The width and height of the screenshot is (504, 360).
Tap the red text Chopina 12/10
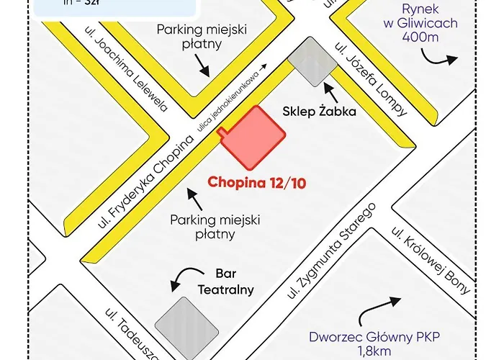(x=257, y=182)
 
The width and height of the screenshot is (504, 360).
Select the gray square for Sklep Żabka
(x=312, y=62)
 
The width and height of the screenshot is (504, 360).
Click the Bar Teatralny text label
(x=225, y=282)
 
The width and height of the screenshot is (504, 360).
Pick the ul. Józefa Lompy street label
(x=372, y=79)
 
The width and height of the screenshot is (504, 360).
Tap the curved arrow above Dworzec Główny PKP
(x=382, y=307)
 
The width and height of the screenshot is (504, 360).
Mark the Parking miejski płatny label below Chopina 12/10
(x=215, y=226)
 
